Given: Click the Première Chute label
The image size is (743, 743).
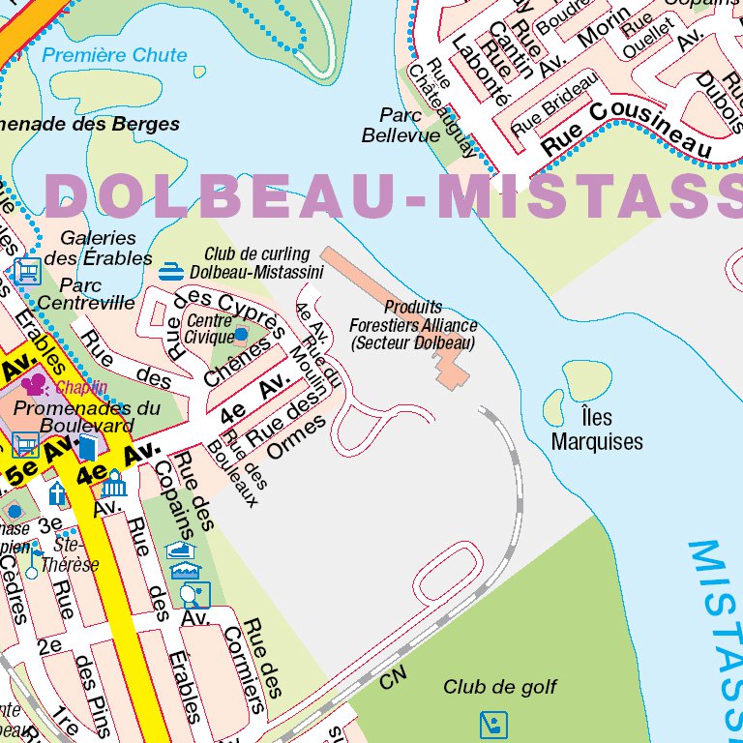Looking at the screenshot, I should (114, 55).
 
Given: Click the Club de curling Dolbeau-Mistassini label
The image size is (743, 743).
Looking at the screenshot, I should (256, 263).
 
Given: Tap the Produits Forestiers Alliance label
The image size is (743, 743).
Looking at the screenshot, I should (413, 325).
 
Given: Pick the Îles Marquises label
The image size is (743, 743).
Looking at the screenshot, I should (597, 431).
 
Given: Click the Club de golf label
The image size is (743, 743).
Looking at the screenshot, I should (500, 687).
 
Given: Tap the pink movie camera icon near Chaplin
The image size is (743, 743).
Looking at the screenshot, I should (35, 385).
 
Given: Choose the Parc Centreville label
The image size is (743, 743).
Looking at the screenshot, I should (86, 294).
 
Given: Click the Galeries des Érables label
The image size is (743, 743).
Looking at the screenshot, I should (99, 248).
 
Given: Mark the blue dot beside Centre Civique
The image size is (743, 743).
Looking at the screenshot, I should (241, 335).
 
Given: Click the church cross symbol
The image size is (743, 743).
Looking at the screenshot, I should (58, 493).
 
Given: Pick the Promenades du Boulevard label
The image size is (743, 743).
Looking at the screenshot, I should (87, 417).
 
